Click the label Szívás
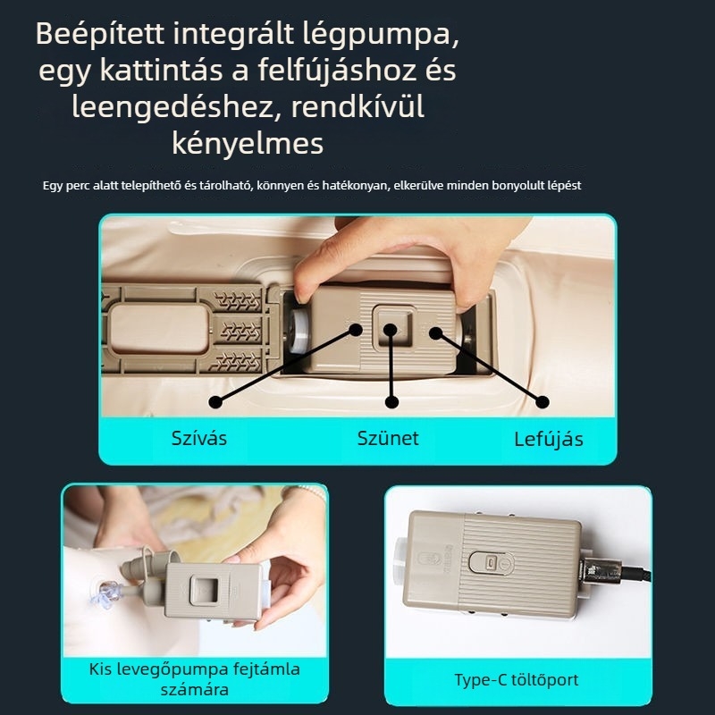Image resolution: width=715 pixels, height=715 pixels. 198,438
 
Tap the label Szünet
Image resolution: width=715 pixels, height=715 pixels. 388,438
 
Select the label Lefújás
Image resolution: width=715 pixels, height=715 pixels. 548,439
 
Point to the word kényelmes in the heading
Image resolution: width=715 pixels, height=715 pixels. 248,143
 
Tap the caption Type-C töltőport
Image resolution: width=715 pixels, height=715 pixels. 517,680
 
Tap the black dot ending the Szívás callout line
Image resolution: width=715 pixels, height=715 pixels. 215,401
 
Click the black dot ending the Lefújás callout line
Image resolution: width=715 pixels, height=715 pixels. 542,401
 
